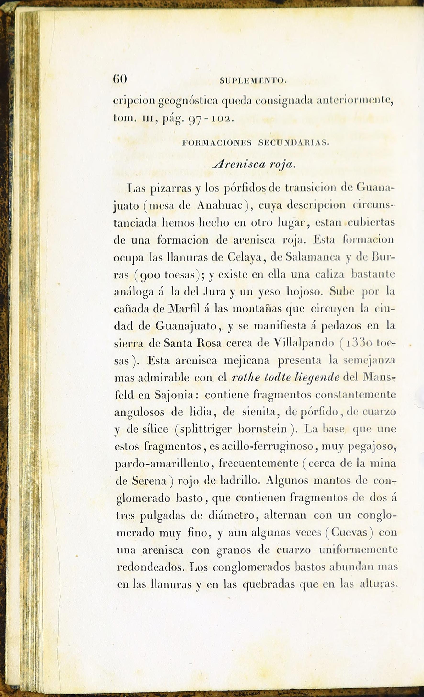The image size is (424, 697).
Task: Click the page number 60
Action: pos(120,79)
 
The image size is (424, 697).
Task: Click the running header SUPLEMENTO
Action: pos(253,81)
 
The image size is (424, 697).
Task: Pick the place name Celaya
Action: pos(246,257)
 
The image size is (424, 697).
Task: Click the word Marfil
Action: pos(184,309)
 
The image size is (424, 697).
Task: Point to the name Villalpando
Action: pos(304,343)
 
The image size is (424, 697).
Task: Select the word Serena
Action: pos(149,481)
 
